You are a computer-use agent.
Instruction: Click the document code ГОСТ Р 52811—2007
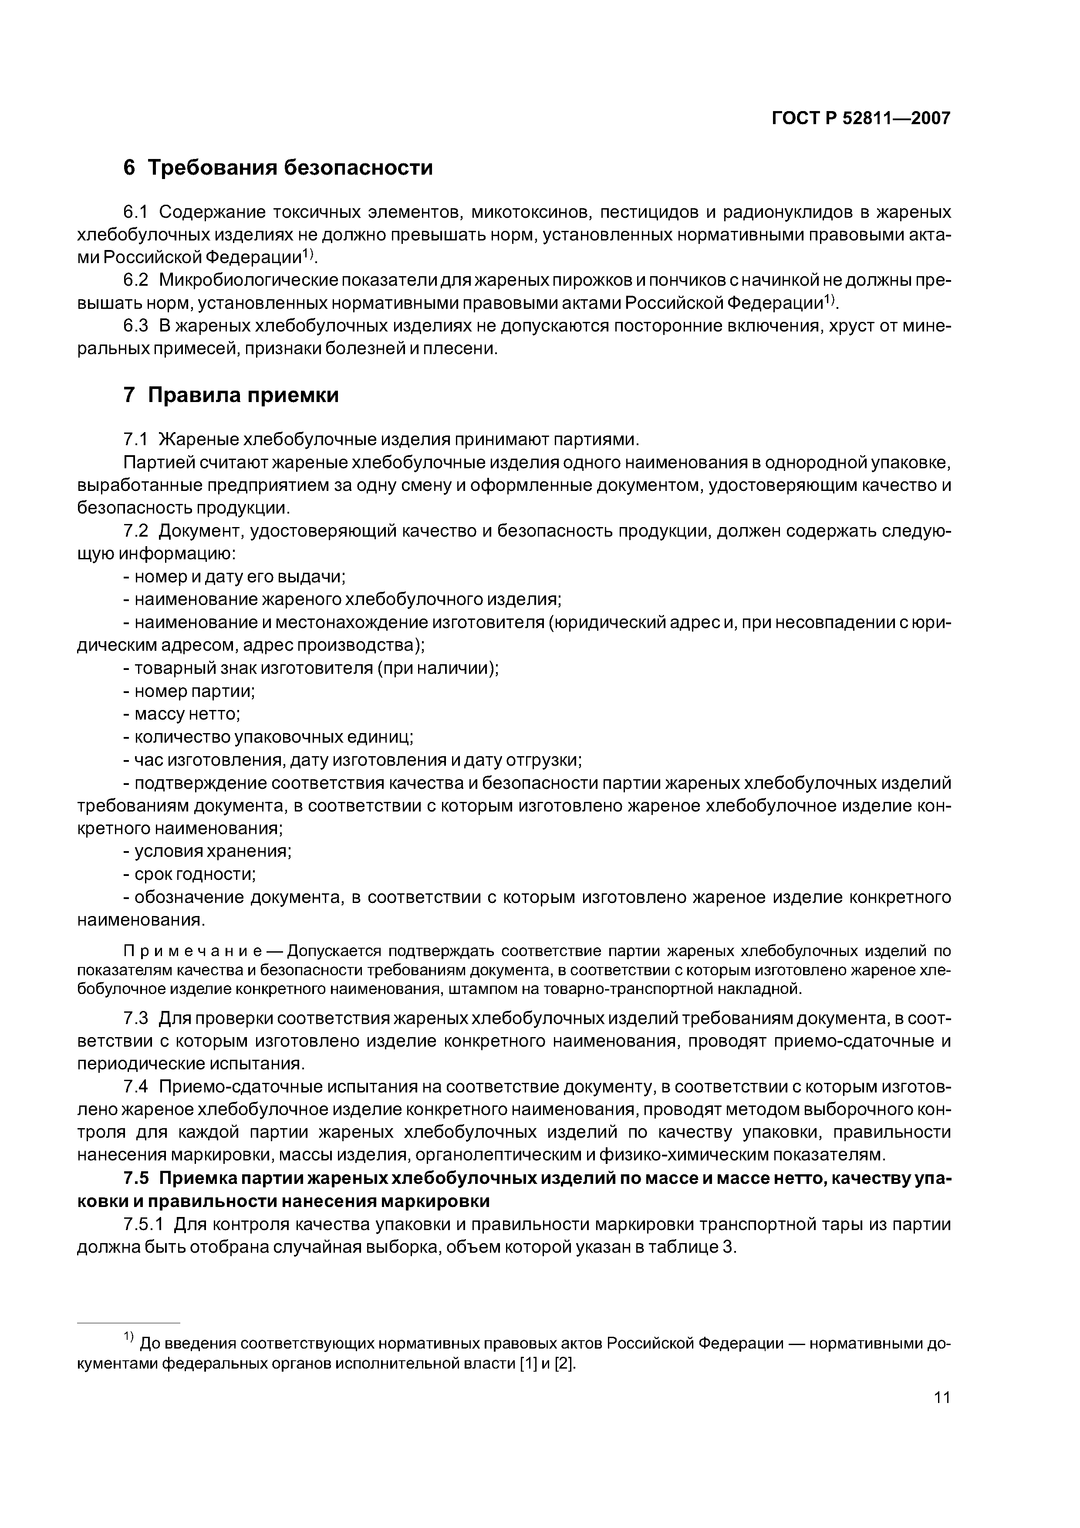(x=861, y=118)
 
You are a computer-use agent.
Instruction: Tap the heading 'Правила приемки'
(x=243, y=396)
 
